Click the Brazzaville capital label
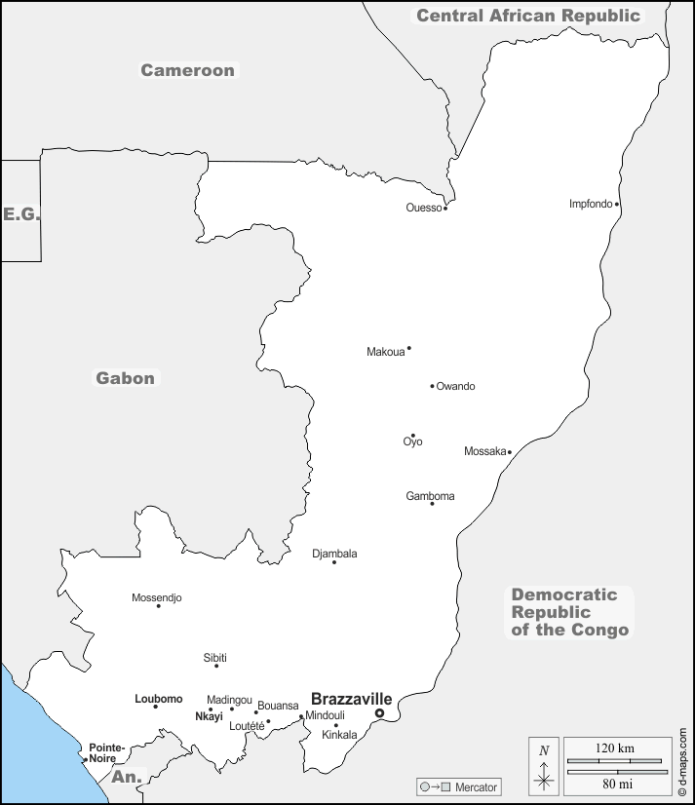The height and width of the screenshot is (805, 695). [x=351, y=699]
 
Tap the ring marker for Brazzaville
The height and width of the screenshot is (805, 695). [x=380, y=713]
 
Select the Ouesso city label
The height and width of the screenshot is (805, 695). [x=424, y=208]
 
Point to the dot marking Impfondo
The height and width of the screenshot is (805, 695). [x=617, y=205]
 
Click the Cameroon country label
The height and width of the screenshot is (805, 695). [x=187, y=70]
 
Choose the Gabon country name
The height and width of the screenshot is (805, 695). [x=125, y=378]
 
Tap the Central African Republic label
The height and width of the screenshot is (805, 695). [x=528, y=16]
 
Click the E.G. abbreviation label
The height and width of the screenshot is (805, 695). [x=20, y=213]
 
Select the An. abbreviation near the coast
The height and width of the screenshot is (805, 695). [x=128, y=777]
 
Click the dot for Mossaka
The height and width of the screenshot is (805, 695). [x=510, y=452]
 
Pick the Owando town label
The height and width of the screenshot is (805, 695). [x=456, y=387]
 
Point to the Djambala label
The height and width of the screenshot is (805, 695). [x=334, y=554]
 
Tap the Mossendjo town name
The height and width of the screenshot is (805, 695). [x=157, y=597]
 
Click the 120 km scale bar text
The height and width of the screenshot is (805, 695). [x=614, y=748]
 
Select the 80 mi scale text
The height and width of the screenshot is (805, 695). [x=615, y=783]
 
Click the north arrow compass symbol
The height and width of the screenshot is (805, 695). [x=544, y=765]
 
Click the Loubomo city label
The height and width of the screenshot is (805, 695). [x=158, y=699]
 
